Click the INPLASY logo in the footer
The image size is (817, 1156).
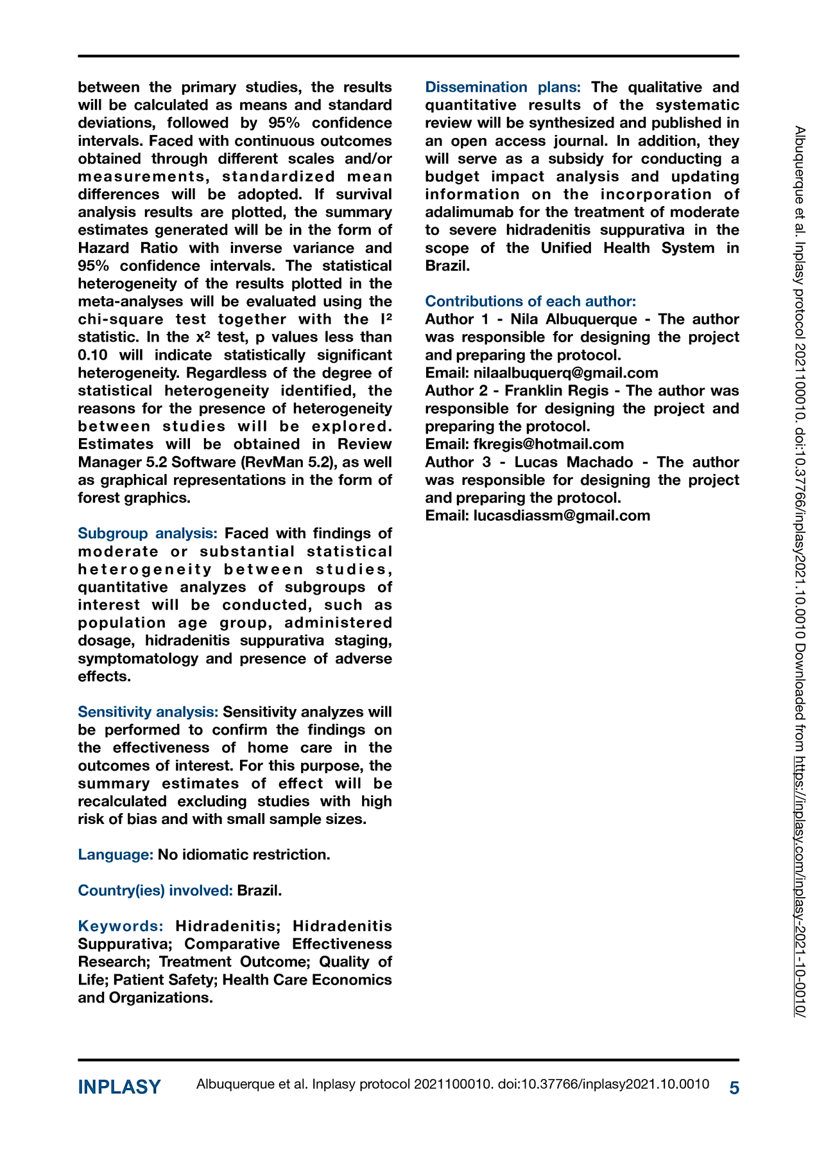coord(119,1087)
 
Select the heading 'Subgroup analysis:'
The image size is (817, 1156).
coord(148,534)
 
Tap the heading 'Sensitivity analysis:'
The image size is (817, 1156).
coord(148,712)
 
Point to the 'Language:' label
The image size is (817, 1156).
coord(116,855)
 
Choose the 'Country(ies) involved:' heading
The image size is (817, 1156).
coord(155,891)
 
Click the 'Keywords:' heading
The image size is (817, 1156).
coord(121,926)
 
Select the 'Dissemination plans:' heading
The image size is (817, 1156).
coord(503,87)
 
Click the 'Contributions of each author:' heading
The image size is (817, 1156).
coord(531,301)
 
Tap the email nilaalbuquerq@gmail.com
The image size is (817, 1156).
coord(565,373)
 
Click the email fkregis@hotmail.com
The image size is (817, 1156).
coord(548,444)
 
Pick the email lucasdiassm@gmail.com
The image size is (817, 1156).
coord(562,516)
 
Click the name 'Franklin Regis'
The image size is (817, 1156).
coord(556,391)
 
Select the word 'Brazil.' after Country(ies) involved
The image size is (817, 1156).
coord(259,891)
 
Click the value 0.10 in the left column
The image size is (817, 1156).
coord(94,355)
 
